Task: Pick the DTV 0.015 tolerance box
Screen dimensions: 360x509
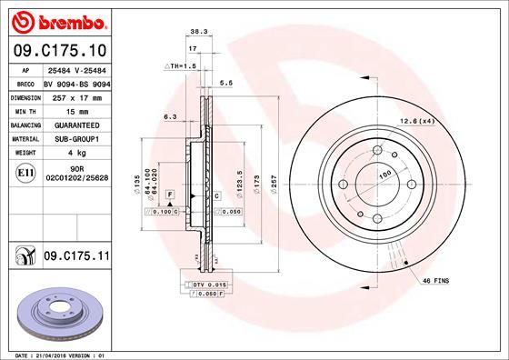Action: (210, 285)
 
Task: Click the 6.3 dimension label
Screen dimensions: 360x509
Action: (169, 116)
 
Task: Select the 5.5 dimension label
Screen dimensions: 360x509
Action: (227, 83)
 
